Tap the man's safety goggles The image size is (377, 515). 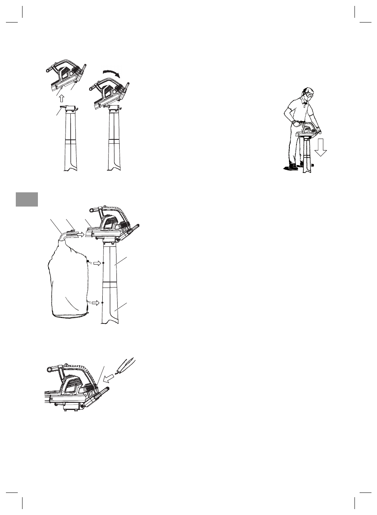309,95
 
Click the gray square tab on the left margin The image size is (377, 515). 27,199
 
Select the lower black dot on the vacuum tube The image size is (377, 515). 102,303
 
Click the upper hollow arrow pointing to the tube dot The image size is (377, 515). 97,263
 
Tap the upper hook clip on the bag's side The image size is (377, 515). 88,261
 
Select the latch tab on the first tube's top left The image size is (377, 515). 62,107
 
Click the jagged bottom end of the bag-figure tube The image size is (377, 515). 110,323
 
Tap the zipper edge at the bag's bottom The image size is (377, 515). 71,316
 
